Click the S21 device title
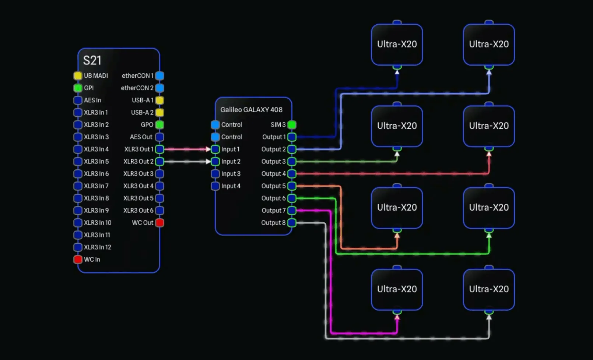tap(92, 60)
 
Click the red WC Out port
tap(159, 223)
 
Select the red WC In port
tap(78, 260)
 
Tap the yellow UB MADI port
tap(78, 76)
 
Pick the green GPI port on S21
tap(78, 88)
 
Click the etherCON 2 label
tap(137, 88)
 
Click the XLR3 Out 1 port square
tap(159, 149)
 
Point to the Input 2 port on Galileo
tap(215, 162)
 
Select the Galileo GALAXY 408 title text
tap(251, 110)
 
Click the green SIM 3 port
tap(292, 125)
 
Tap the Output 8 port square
tap(292, 223)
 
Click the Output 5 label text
tap(273, 186)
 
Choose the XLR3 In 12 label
tap(97, 247)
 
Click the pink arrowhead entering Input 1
tap(208, 149)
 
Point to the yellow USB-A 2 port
tap(159, 113)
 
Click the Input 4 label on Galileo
tap(231, 186)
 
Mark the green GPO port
tap(159, 125)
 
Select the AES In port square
tap(78, 100)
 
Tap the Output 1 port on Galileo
tap(292, 137)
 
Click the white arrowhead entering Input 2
tap(208, 162)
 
